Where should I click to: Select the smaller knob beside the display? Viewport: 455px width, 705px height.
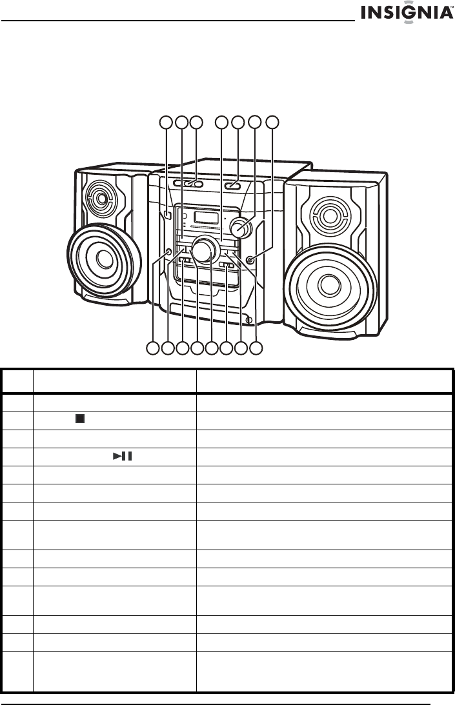(x=243, y=226)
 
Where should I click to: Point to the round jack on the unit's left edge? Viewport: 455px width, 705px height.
(x=168, y=252)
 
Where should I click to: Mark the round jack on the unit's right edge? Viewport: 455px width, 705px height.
(x=250, y=259)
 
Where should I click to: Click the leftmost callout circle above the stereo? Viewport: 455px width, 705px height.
(x=167, y=122)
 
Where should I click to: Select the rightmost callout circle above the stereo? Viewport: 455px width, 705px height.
(x=273, y=122)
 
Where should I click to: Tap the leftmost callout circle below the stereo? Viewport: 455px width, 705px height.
(x=152, y=348)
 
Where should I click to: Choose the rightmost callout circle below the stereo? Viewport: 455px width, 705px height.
(x=256, y=348)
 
